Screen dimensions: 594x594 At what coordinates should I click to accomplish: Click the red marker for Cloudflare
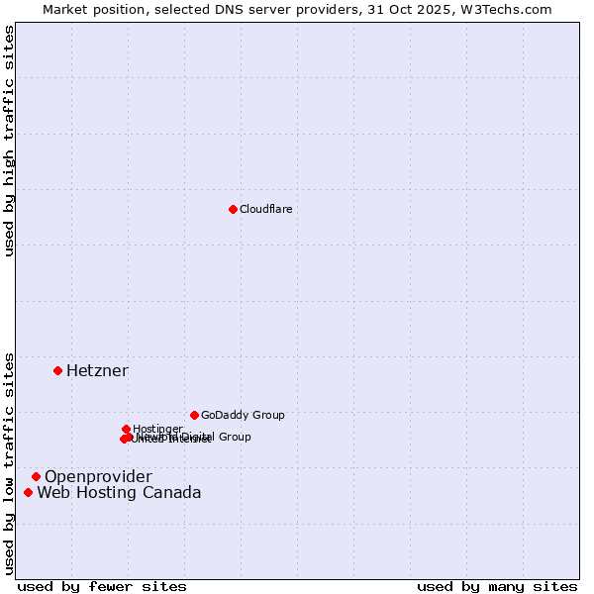click(233, 209)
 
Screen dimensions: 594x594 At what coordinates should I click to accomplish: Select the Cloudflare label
click(265, 209)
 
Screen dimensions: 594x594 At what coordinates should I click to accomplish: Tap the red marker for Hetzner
click(58, 370)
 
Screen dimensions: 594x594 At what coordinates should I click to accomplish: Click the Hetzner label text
click(97, 370)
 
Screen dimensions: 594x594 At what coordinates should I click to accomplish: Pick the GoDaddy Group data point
click(194, 415)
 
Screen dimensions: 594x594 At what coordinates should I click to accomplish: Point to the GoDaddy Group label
click(243, 415)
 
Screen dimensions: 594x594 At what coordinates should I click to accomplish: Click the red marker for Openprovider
click(37, 476)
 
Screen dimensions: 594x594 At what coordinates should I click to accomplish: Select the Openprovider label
click(98, 476)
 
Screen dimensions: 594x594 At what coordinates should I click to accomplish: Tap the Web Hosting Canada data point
click(29, 492)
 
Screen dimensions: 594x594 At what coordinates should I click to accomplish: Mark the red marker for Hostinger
click(126, 429)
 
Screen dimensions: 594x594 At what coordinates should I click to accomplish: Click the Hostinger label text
click(157, 429)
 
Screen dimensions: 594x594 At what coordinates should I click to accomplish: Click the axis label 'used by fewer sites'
click(102, 586)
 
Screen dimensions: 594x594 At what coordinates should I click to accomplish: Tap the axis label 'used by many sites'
click(497, 586)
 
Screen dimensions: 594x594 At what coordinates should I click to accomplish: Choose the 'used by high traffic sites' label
click(9, 141)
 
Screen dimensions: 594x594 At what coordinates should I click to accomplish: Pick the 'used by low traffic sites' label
click(9, 463)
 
